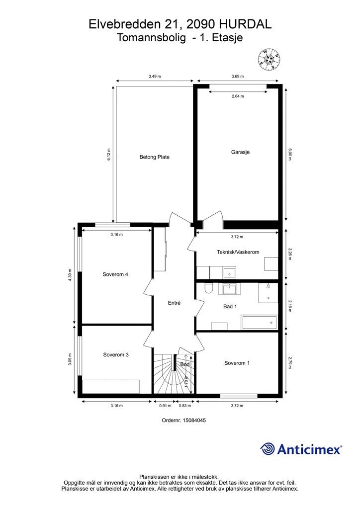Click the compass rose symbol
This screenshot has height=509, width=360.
269,59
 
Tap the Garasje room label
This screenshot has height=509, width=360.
240,152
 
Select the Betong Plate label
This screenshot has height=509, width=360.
155,157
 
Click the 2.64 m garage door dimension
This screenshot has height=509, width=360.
238,96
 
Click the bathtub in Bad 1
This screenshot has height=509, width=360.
260,322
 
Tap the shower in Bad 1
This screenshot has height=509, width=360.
268,292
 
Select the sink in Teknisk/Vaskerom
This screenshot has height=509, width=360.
230,272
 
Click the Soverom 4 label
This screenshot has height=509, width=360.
115,274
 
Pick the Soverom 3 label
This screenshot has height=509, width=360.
116,355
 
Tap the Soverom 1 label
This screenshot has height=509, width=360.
237,363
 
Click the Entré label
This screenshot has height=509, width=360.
174,303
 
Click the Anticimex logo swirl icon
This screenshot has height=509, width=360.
267,449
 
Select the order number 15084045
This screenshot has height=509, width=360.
194,420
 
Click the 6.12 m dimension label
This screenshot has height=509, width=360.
109,155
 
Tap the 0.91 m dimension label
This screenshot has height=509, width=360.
165,406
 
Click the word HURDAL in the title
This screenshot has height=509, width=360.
246,24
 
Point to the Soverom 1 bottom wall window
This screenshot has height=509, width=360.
239,396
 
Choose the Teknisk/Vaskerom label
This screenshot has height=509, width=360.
238,252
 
